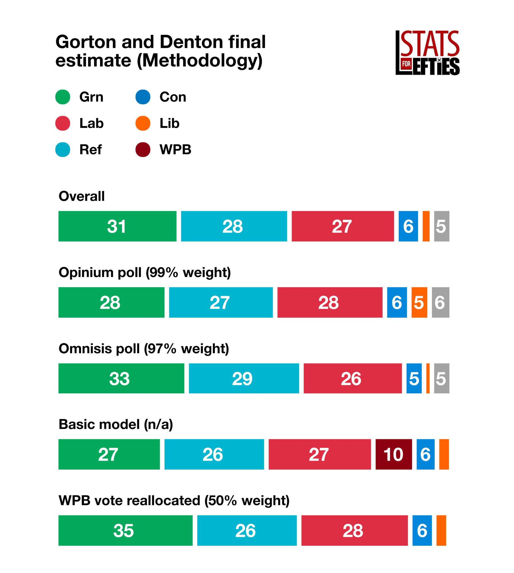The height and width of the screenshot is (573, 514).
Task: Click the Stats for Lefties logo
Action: [427, 53]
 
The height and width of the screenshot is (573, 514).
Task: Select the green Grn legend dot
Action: [63, 97]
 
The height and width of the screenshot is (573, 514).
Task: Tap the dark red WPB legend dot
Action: [143, 150]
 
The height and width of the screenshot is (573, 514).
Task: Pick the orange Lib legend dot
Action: [143, 123]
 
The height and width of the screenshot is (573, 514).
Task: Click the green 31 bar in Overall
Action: [117, 226]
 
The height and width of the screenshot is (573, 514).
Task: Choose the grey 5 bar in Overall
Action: [441, 226]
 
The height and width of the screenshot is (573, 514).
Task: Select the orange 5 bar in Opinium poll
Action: [419, 302]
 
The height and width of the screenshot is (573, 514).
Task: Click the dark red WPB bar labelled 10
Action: [394, 454]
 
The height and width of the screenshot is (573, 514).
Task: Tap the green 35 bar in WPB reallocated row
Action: [125, 530]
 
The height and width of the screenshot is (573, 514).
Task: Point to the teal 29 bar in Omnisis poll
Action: [244, 378]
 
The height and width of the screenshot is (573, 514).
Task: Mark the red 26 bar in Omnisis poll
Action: [353, 378]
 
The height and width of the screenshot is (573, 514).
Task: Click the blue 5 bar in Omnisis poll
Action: [414, 378]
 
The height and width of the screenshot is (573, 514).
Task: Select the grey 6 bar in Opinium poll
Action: [440, 302]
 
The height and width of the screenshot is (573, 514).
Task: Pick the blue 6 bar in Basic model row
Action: [425, 454]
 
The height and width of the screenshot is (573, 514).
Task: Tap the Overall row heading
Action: [82, 196]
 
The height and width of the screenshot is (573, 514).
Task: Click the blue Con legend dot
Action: [143, 97]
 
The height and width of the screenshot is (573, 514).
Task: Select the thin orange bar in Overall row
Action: [426, 226]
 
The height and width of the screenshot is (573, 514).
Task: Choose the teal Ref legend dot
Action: [63, 150]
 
